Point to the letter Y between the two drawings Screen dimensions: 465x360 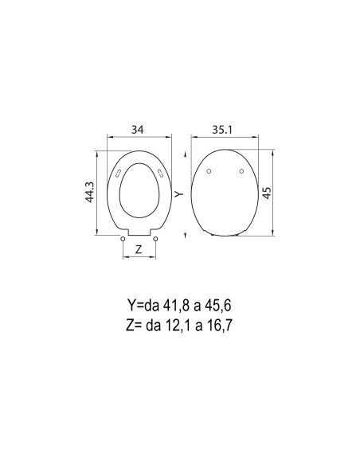pyautogui.click(x=180, y=193)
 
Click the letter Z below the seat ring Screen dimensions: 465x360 pyautogui.click(x=139, y=249)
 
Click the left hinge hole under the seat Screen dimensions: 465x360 pyautogui.click(x=122, y=239)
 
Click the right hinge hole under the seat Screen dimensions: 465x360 pyautogui.click(x=155, y=239)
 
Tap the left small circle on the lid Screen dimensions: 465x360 pyautogui.click(x=208, y=171)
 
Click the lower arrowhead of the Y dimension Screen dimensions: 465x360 pyautogui.click(x=185, y=232)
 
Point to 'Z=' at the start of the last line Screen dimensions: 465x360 pyautogui.click(x=132, y=324)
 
